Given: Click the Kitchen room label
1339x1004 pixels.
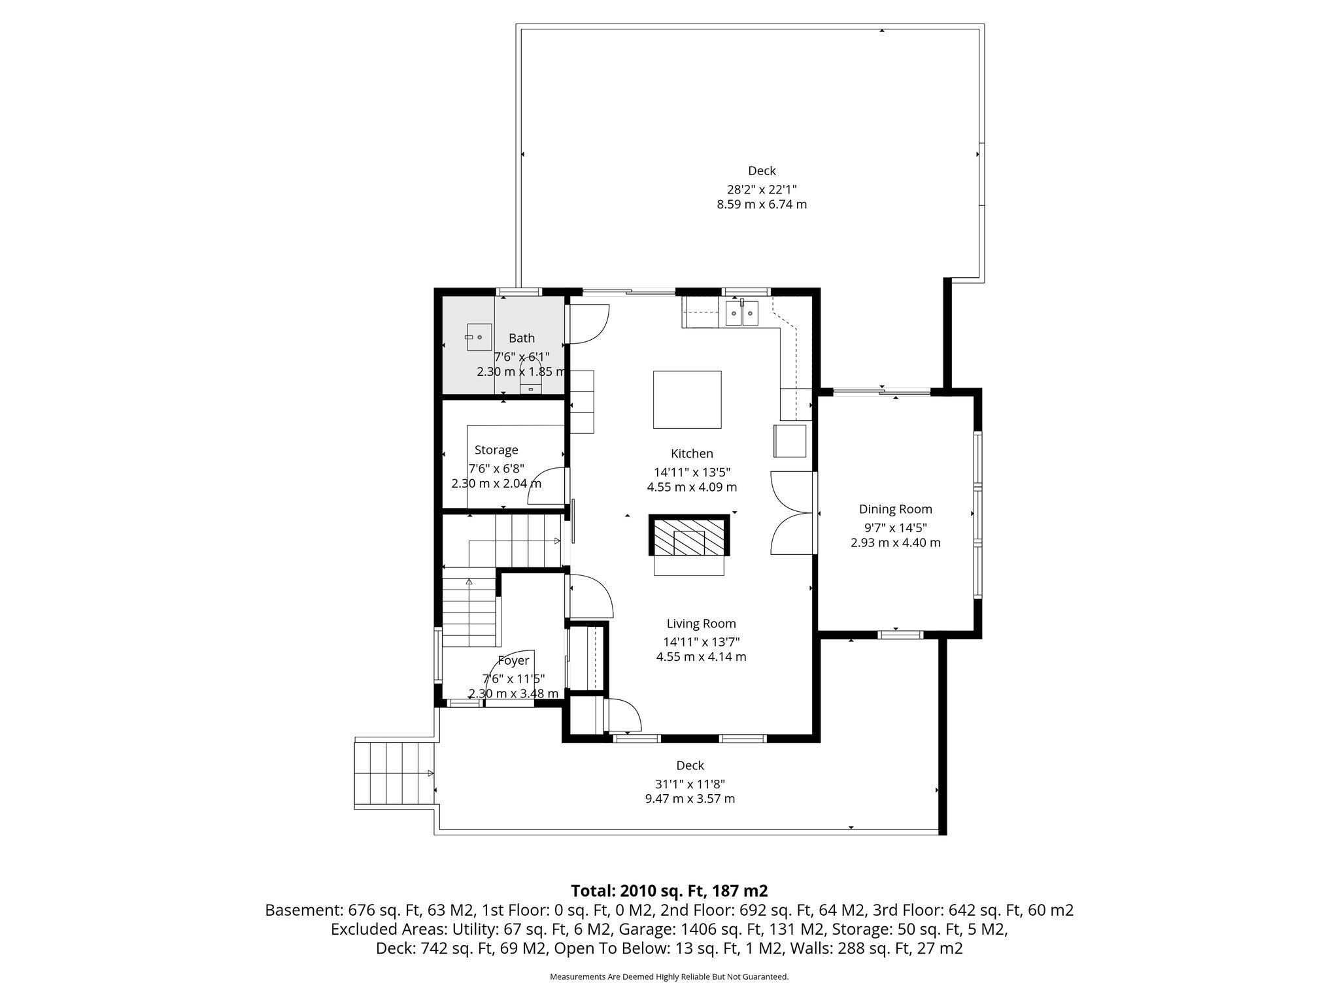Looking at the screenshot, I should (692, 454).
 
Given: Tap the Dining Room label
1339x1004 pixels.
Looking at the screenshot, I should (895, 509).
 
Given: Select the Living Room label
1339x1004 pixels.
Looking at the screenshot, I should (701, 624).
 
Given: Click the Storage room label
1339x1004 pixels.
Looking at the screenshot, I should (496, 450).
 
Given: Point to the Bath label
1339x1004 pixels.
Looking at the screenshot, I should (522, 338).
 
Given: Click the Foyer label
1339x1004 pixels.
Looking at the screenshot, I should (513, 661).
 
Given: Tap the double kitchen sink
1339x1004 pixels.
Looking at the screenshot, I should (741, 314).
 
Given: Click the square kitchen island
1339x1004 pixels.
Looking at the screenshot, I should (688, 399).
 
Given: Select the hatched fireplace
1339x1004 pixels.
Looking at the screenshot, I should (689, 535).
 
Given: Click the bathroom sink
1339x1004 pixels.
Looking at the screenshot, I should (479, 337).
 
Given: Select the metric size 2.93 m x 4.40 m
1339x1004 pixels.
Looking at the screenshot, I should (895, 543).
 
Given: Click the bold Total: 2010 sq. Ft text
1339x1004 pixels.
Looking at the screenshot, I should (669, 890).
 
